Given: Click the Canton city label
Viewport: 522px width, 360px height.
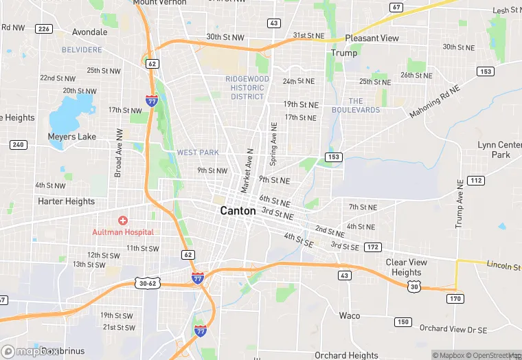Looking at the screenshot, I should coord(238,211).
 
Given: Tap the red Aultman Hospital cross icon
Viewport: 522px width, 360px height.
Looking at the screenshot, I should coord(123,221).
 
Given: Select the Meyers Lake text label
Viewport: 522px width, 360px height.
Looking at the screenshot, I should coord(71,137).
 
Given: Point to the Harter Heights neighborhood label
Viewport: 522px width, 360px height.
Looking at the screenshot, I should coord(67,201).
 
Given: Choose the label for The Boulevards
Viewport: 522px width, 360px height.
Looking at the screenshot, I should coord(355,105).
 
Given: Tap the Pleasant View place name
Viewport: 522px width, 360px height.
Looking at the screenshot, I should coord(372,38).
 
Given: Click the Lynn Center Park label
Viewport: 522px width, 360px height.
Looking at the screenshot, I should coord(500,150).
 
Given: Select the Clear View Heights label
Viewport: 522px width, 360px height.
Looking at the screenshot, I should coord(406,267).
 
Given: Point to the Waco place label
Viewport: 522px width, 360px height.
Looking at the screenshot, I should coord(350,315).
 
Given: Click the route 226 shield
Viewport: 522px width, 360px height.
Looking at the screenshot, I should coord(44,29).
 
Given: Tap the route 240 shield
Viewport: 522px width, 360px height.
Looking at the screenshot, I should coord(18,144).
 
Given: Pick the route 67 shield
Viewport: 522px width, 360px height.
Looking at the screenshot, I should coord(396,8).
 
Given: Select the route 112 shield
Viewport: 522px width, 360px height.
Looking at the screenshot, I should coord(475,180).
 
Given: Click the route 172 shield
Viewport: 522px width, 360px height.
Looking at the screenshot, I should coord(372,247).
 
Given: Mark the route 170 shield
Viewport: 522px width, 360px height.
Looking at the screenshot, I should coord(455,299).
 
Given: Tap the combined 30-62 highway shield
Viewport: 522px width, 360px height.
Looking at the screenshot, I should coord(148,283).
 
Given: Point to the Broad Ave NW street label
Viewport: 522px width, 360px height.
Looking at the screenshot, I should coord(119,153).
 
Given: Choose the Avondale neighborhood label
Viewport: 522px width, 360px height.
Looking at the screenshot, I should coord(90,32).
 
